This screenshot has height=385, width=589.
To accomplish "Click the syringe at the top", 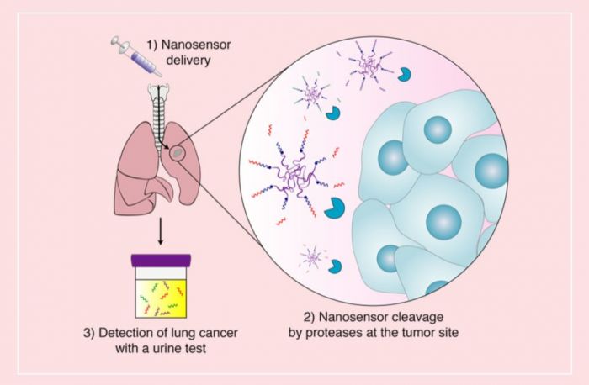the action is pyautogui.click(x=136, y=55).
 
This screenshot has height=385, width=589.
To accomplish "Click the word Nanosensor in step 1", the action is pyautogui.click(x=196, y=45).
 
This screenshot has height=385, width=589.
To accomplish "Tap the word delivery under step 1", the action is pyautogui.click(x=188, y=61).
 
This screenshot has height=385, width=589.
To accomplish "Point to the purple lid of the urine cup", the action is pyautogui.click(x=161, y=261).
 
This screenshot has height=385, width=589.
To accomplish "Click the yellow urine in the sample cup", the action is pyautogui.click(x=161, y=298).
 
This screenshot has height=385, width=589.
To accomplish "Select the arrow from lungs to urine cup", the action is pyautogui.click(x=161, y=231).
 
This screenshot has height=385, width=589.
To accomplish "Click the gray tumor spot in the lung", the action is pyautogui.click(x=178, y=153).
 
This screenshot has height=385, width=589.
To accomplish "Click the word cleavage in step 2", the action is pyautogui.click(x=417, y=318).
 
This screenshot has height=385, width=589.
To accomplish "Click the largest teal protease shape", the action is pyautogui.click(x=333, y=208).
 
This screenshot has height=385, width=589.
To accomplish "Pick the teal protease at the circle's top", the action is pyautogui.click(x=404, y=74).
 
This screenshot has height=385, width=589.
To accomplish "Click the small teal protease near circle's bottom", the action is pyautogui.click(x=335, y=266).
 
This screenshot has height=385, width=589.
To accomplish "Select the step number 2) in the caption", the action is pyautogui.click(x=309, y=318).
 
